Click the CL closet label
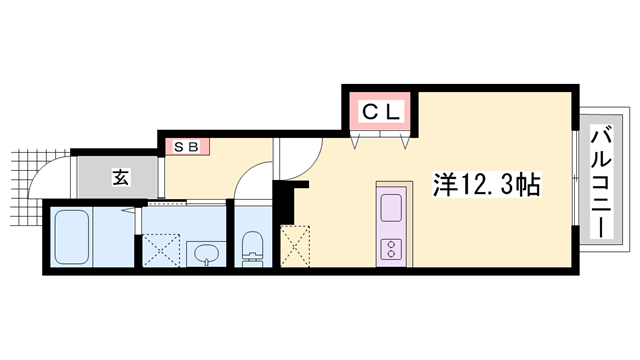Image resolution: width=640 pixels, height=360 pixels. pyautogui.click(x=380, y=112)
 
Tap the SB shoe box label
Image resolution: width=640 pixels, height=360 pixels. pyautogui.click(x=187, y=146)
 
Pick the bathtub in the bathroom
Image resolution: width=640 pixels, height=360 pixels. pyautogui.click(x=73, y=236)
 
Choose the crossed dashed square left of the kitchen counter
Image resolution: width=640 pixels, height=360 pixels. pyautogui.click(x=298, y=246)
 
